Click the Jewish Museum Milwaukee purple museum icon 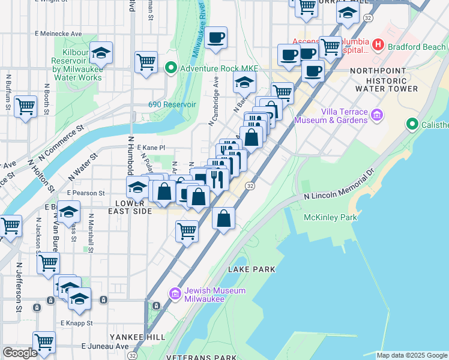(x=175, y=293)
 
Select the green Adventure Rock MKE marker (x=170, y=67)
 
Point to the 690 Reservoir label (x=172, y=104)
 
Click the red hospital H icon (x=378, y=44)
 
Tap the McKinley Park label (x=330, y=217)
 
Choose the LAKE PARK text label (x=252, y=269)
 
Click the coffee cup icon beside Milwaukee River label (x=215, y=38)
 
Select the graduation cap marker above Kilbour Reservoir (x=101, y=53)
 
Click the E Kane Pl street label (x=151, y=148)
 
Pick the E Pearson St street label (x=86, y=193)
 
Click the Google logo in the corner (x=20, y=353)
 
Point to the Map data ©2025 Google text (x=412, y=355)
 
